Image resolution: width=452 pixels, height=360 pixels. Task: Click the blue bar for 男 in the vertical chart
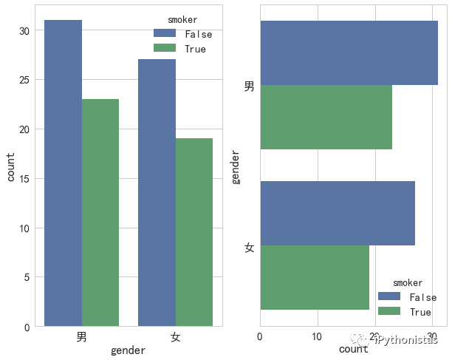point(64,173)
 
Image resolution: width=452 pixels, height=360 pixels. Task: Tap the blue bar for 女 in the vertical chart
point(157,192)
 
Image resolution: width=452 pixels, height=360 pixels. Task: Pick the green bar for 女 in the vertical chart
point(194,232)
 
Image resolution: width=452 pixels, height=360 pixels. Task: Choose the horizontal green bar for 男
point(326,118)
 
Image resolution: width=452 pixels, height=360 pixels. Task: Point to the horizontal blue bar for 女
point(337,213)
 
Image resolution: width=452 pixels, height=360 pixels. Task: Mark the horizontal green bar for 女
point(314,277)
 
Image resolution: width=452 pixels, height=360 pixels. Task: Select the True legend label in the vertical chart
point(196,50)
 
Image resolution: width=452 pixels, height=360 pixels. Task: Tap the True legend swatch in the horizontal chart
point(388,312)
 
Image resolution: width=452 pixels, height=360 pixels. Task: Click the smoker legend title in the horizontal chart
point(408,282)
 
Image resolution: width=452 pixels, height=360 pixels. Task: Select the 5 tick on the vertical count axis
point(27,278)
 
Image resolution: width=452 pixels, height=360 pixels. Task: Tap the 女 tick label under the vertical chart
point(175,337)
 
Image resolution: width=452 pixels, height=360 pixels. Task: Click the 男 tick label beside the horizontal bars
point(250,86)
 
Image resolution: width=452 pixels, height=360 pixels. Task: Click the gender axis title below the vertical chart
point(128,351)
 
